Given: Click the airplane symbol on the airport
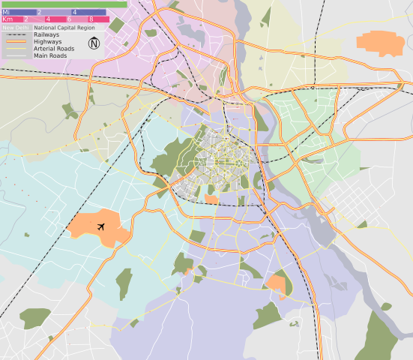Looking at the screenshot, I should point(100,226).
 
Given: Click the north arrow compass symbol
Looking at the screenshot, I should point(94,43).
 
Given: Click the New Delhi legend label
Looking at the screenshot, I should point(16,27).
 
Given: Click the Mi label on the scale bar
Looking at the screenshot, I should point(6,12).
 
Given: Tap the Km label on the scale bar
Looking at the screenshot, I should point(7,19).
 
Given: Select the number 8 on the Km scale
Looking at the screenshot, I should point(91,19).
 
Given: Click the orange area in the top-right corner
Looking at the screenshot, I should point(380,43).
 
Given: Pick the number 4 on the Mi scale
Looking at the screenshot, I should point(74,12).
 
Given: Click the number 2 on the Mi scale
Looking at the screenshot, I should point(39,12).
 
